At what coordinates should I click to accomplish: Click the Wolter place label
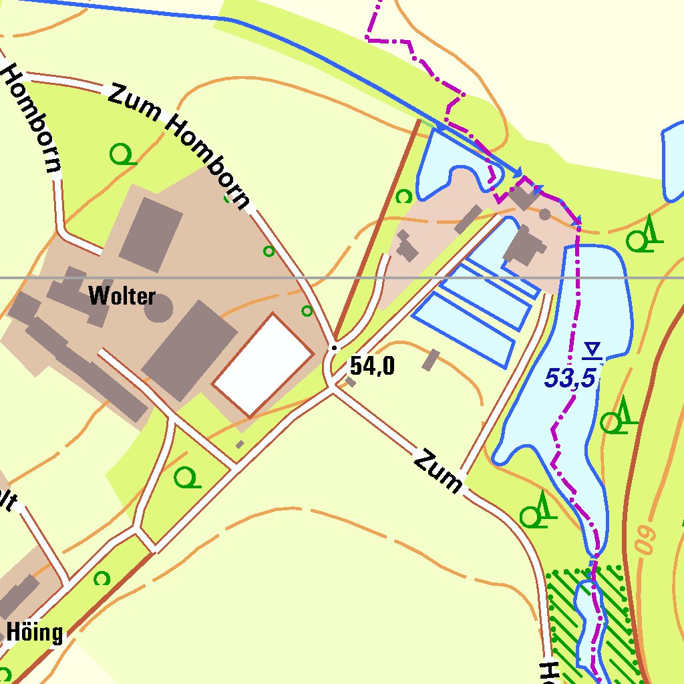point(122,296)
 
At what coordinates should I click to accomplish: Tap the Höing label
point(35,631)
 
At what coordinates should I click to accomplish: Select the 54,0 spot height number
point(372,366)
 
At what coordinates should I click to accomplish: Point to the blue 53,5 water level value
point(569,378)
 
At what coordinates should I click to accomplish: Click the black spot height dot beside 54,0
point(335,348)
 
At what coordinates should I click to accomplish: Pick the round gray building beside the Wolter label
point(158,309)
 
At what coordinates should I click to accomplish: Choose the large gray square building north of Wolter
point(150,234)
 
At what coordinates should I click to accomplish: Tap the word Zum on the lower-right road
point(438,472)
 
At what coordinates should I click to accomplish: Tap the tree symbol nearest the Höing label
point(102,578)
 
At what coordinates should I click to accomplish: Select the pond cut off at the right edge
point(673,160)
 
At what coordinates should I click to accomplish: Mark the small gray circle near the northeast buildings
point(545,214)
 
